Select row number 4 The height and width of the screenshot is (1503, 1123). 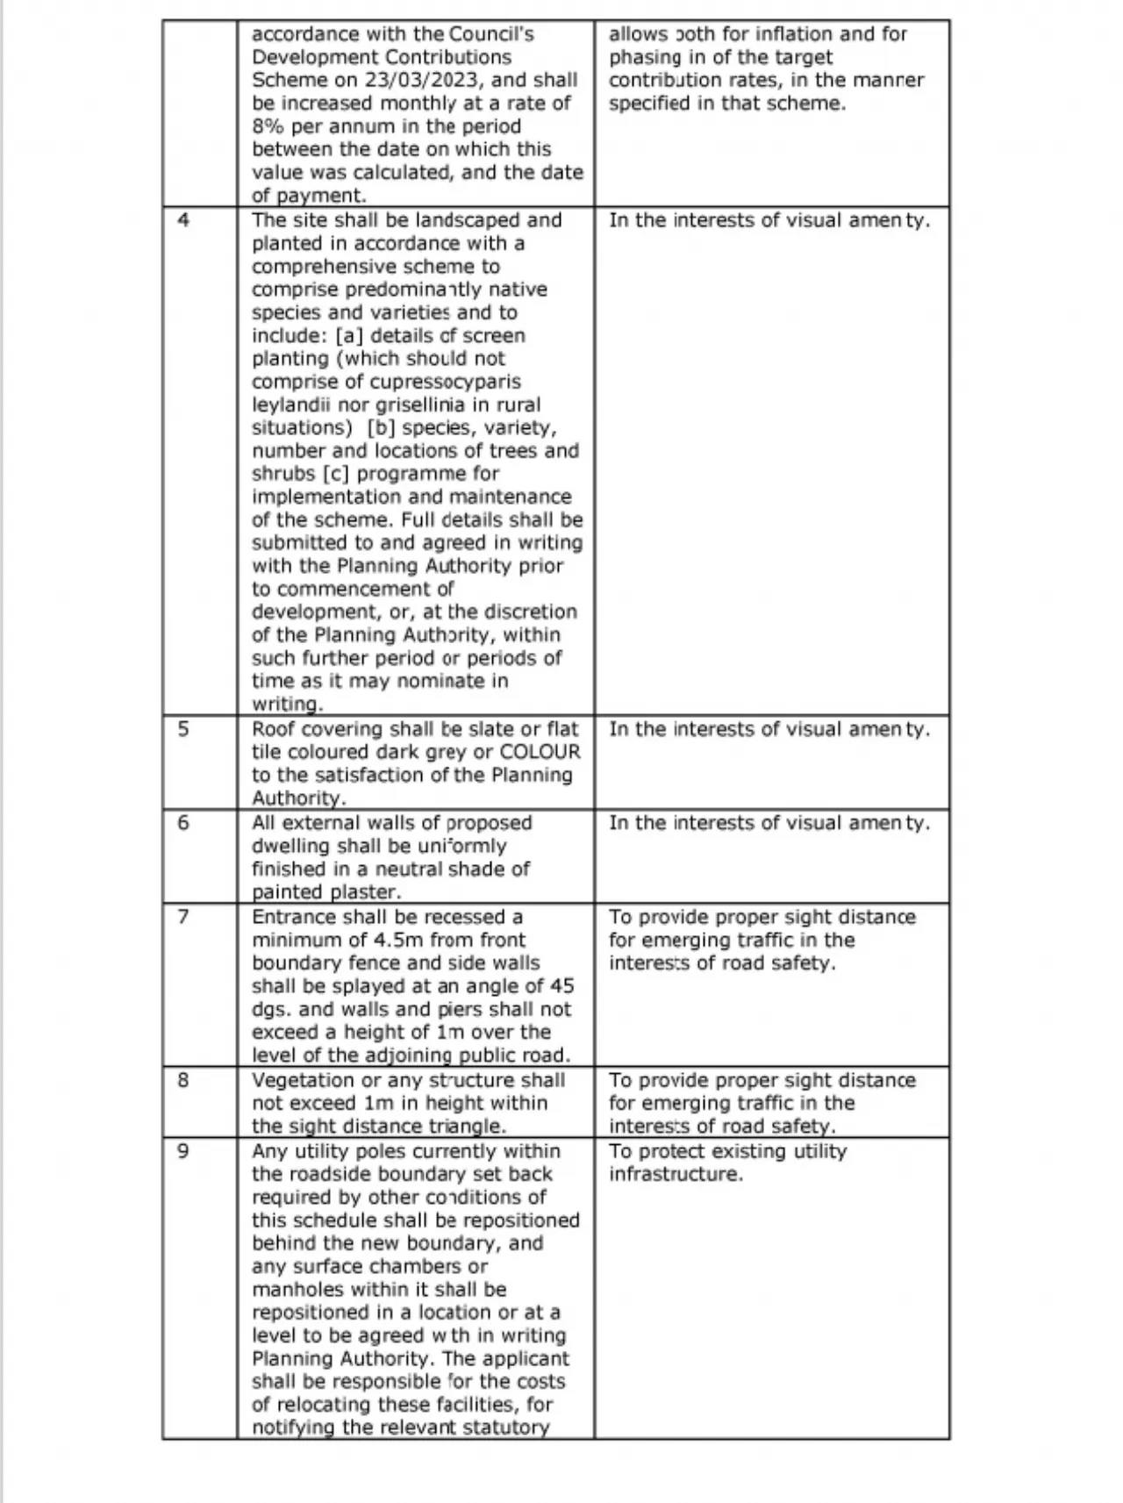(183, 219)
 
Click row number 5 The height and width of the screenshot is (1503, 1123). (183, 729)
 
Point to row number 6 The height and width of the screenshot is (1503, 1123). (183, 823)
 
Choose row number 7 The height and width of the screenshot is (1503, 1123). (183, 917)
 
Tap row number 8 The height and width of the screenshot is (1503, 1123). (183, 1080)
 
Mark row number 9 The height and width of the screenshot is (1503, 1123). (183, 1151)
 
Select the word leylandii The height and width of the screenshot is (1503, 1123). (289, 405)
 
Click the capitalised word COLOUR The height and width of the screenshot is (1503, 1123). (540, 752)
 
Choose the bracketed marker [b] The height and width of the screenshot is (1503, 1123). (382, 428)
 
